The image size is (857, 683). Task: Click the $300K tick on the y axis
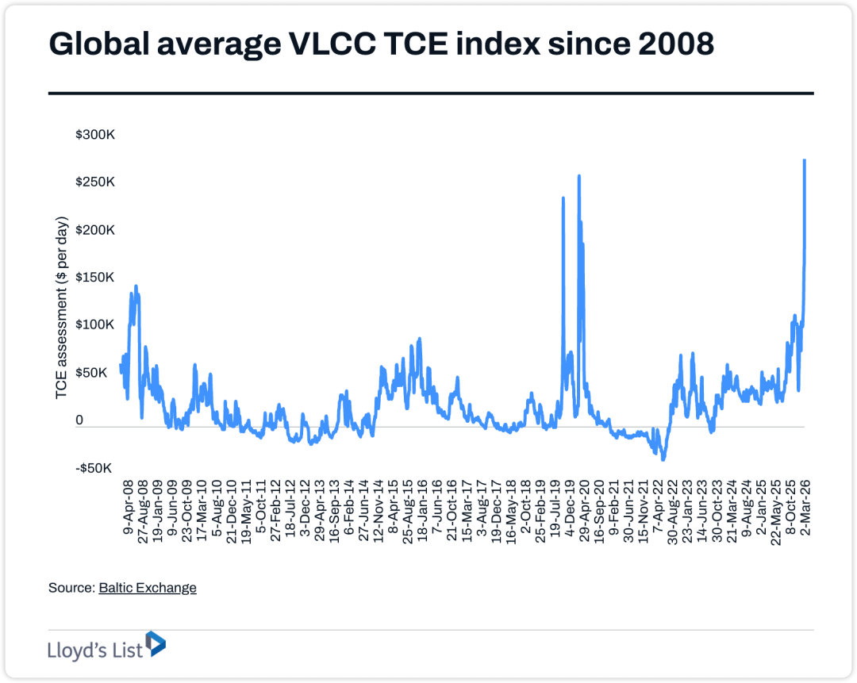tap(95, 136)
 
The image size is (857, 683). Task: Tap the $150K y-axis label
tap(95, 278)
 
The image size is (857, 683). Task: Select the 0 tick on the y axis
tap(79, 420)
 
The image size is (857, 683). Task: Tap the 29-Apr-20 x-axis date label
tap(582, 508)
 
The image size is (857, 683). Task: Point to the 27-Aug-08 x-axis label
tap(142, 508)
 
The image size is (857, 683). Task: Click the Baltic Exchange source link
tap(148, 588)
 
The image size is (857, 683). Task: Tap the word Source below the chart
tap(70, 588)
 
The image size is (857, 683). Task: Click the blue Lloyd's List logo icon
tap(156, 644)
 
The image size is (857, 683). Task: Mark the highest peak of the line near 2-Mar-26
tap(805, 160)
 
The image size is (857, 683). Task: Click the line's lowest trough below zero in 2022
tap(663, 459)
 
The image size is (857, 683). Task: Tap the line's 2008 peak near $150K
tap(136, 286)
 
